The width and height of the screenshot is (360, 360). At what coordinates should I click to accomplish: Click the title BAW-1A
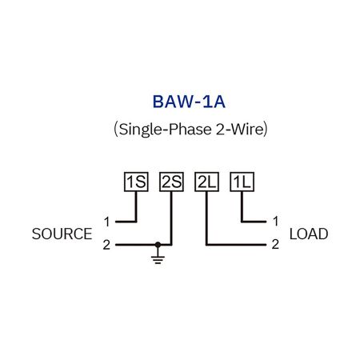click(179, 102)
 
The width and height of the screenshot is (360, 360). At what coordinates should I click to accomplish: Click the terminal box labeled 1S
click(136, 182)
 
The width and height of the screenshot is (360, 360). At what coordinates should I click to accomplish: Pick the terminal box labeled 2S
click(171, 182)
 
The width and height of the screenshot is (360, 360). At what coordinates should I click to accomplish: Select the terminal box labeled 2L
click(206, 182)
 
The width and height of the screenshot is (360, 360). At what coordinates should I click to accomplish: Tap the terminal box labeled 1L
click(242, 182)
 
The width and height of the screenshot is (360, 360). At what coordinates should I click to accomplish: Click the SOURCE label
click(62, 234)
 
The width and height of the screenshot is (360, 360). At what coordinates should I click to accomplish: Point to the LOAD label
click(308, 234)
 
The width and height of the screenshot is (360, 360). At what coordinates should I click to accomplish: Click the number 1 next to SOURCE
click(106, 221)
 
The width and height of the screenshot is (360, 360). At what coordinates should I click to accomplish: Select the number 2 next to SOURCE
click(106, 245)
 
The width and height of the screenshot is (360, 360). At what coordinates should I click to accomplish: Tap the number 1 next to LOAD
click(275, 221)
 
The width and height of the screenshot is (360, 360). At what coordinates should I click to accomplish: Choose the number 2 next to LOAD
click(275, 245)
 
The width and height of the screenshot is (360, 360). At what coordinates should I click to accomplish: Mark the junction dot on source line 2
click(158, 244)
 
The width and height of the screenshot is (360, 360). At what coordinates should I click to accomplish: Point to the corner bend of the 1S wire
click(136, 221)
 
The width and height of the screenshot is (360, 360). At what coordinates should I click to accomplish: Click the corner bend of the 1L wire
click(242, 221)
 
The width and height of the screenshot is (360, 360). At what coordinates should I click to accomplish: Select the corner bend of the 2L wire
click(206, 244)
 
